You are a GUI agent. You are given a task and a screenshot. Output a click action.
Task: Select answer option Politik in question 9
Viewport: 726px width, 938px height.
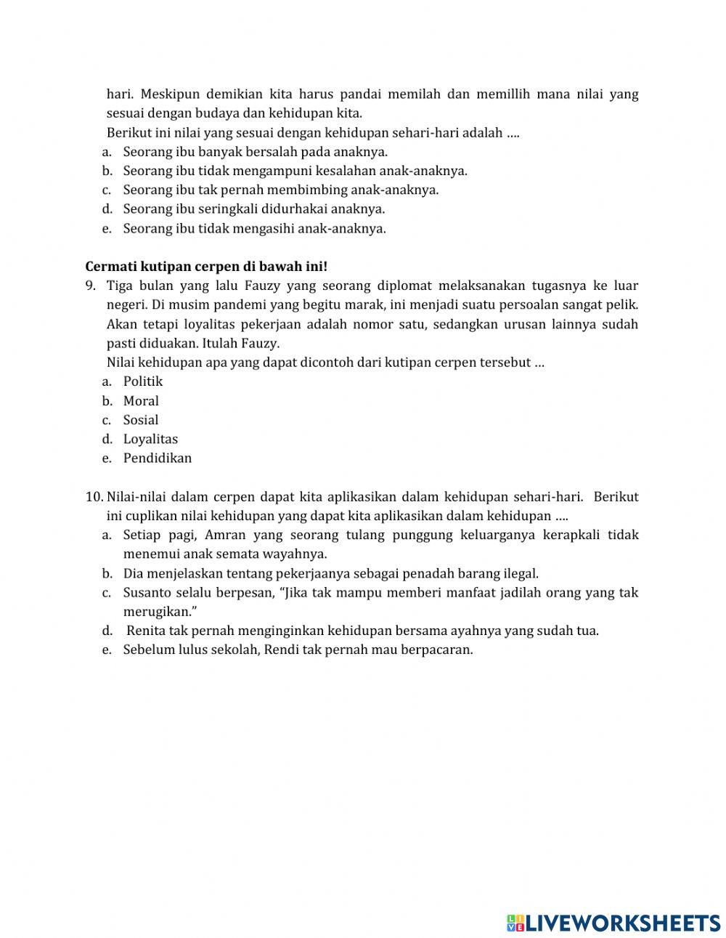142,381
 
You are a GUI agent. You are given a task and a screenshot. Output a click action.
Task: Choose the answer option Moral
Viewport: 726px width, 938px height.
141,401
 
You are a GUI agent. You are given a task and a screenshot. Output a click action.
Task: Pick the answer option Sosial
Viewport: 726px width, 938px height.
141,420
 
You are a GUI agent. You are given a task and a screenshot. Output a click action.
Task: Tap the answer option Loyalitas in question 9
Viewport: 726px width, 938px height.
150,439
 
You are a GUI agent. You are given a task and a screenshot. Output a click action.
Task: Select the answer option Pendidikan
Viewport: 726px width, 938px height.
158,458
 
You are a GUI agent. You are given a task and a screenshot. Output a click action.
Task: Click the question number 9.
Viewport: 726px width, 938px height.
90,286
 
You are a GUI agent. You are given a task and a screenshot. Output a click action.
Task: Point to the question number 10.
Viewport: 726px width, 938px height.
94,497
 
